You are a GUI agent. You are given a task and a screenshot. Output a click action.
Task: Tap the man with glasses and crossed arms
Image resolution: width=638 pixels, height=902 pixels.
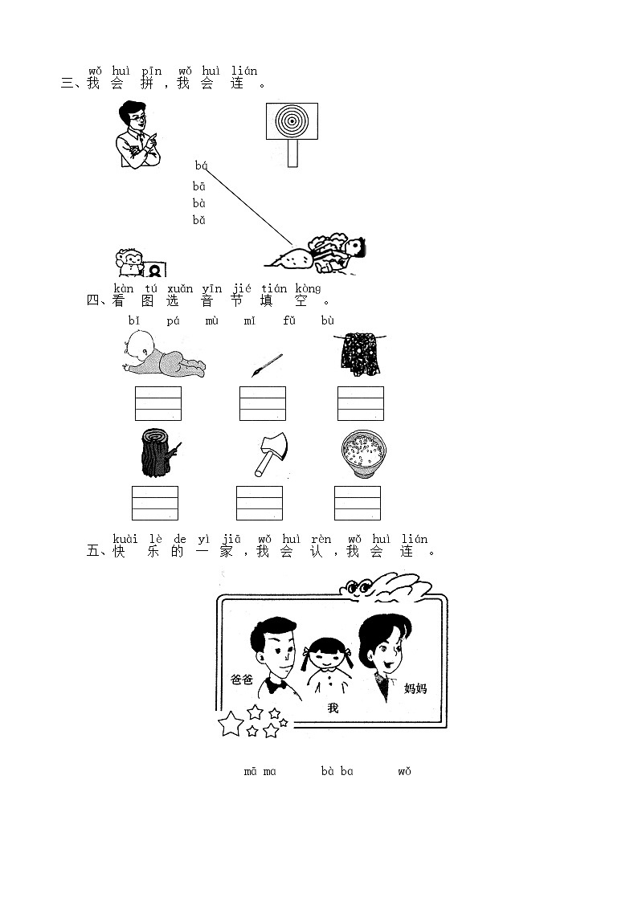click(137, 135)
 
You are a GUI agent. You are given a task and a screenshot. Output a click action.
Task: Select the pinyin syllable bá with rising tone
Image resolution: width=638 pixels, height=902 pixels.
click(201, 165)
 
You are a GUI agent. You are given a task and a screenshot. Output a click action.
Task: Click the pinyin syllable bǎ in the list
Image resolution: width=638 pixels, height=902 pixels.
click(198, 220)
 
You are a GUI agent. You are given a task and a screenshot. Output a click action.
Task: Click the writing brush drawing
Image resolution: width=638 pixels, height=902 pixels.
click(266, 364)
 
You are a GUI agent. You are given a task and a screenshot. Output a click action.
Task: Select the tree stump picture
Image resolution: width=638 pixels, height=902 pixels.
click(157, 455)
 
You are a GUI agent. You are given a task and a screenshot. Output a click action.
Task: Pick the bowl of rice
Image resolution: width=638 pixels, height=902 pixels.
click(362, 454)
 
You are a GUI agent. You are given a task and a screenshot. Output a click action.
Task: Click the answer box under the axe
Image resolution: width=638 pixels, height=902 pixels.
click(260, 503)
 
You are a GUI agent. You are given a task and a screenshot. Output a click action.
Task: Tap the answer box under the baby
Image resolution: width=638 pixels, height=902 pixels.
click(158, 403)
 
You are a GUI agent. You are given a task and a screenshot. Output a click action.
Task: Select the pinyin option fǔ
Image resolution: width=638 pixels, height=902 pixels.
click(289, 321)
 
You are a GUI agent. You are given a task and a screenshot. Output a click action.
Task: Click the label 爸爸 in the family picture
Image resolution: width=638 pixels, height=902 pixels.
click(242, 680)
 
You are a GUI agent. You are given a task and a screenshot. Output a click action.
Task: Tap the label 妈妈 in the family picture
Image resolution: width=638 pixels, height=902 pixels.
click(415, 688)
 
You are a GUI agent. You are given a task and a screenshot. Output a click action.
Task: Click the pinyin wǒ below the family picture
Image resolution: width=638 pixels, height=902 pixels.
click(404, 772)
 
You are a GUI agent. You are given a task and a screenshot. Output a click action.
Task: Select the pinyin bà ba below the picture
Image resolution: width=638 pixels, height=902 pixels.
click(337, 772)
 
